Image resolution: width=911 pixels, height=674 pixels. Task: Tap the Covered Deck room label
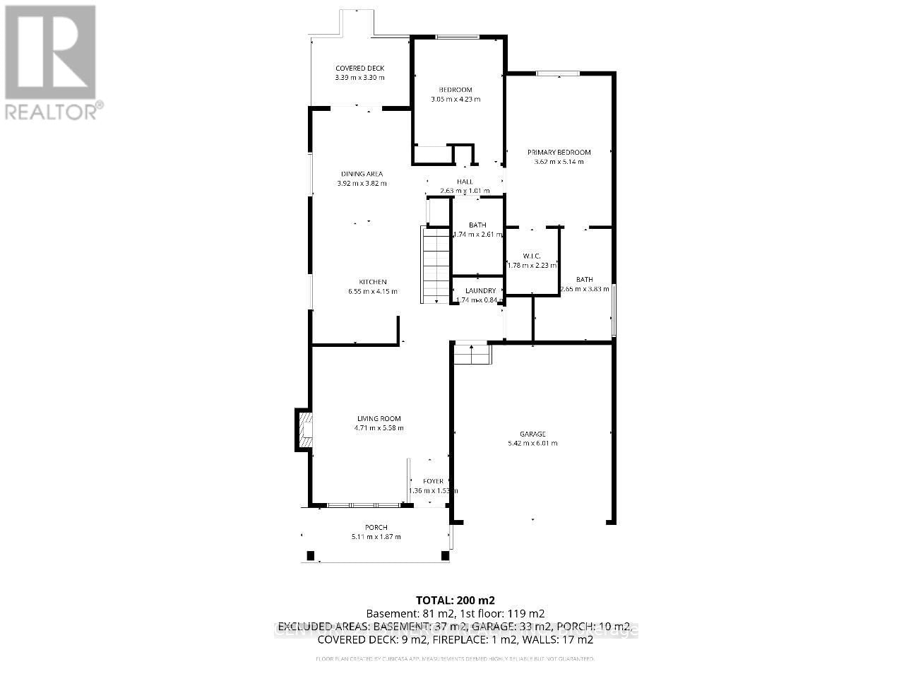(359, 69)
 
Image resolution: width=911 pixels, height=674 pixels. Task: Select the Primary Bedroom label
(559, 152)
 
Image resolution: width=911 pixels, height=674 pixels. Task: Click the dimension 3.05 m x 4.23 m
(455, 99)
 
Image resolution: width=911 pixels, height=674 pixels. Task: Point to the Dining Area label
(362, 174)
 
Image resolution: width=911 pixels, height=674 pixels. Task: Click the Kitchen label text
(372, 282)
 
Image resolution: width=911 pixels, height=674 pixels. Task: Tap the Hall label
(465, 182)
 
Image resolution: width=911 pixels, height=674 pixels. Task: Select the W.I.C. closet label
(531, 256)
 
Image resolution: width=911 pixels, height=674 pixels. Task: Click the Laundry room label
(480, 290)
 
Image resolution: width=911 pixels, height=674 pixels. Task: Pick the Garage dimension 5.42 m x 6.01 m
(532, 444)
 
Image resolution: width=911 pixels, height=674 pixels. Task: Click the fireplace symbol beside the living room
(304, 429)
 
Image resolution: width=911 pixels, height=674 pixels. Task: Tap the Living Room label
(379, 418)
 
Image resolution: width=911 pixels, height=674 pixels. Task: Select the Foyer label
(433, 481)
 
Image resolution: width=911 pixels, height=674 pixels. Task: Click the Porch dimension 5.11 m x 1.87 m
(376, 537)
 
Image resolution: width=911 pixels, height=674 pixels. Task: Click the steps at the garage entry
(472, 353)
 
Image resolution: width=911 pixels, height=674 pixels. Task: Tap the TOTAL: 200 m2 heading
(455, 600)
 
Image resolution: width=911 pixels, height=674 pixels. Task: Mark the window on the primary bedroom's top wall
(558, 73)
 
